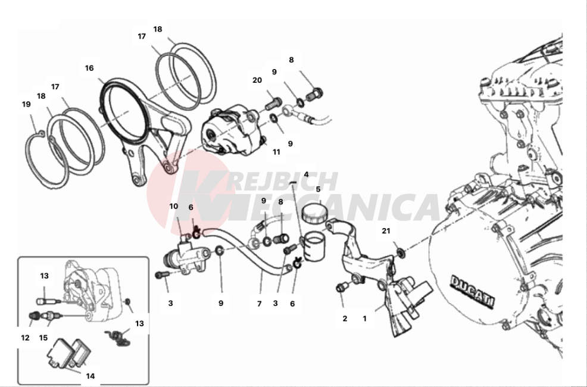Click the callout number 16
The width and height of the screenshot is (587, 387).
click(89, 68)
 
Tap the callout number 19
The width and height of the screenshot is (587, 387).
click(26, 104)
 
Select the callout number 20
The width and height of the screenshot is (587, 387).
click(257, 80)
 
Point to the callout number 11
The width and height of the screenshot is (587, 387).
click(276, 152)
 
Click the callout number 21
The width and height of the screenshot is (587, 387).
click(386, 231)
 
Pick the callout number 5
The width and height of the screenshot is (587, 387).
click(318, 189)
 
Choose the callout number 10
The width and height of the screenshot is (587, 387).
click(174, 206)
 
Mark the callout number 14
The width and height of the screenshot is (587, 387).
click(90, 376)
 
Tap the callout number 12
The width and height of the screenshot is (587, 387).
click(25, 338)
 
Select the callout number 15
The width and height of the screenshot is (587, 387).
click(43, 338)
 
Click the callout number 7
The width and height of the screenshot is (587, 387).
click(259, 304)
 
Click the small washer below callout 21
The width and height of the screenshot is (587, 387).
click(401, 254)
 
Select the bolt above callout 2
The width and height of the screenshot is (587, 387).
click(342, 288)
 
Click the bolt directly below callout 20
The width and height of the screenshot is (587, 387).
click(273, 104)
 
